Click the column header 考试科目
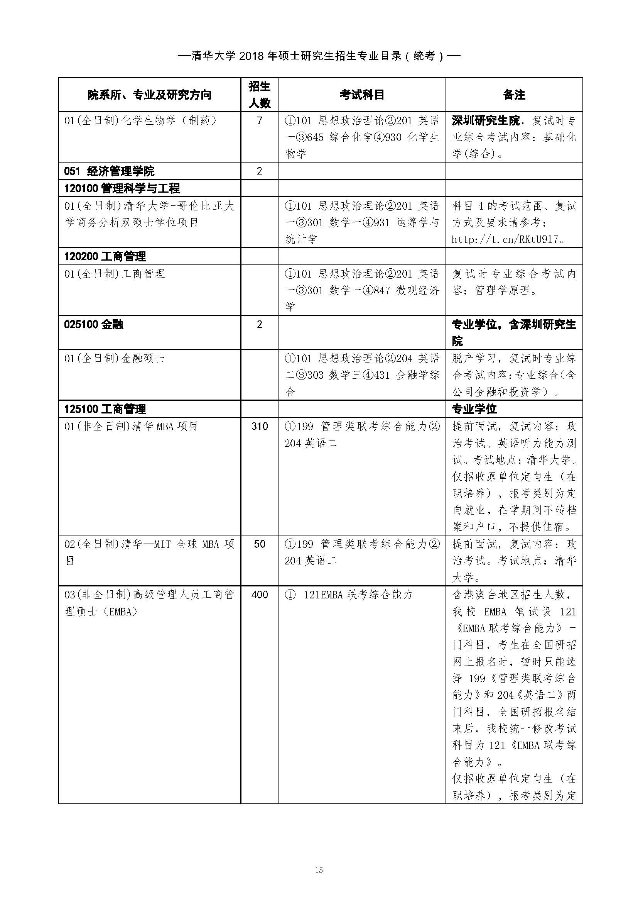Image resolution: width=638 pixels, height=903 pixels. point(362,95)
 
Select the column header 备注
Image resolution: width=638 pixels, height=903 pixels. point(514,95)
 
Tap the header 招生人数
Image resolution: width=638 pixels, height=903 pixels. point(259,95)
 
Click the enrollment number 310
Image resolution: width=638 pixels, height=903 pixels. point(259,426)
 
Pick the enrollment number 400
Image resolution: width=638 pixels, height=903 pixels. point(259,595)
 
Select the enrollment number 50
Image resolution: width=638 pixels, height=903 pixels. point(259,544)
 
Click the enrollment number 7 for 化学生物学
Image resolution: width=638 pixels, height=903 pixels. point(259,120)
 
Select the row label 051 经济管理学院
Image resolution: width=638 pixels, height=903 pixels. point(109,171)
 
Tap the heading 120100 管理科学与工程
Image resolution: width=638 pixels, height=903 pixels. point(122,188)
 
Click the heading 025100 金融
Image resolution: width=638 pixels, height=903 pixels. point(93,324)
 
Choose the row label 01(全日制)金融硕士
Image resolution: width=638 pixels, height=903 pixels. point(114,358)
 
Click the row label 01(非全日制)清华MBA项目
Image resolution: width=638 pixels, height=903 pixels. point(131,426)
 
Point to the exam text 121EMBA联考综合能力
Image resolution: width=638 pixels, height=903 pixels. point(358,595)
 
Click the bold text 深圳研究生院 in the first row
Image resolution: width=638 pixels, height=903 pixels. point(486,120)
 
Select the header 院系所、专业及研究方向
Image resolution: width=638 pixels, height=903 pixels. point(149,95)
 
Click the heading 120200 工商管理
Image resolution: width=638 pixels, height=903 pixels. point(105,256)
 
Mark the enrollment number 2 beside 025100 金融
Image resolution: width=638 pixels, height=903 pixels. point(259,324)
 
